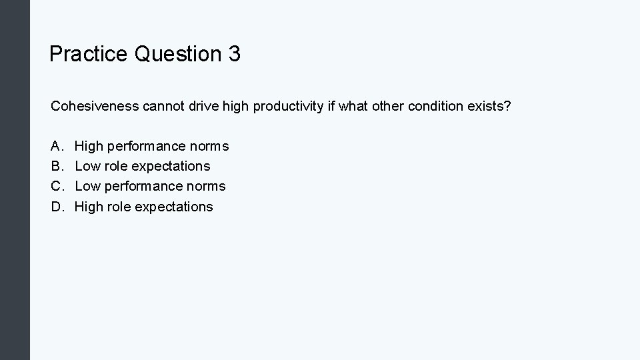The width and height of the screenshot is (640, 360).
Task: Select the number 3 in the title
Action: coord(234,54)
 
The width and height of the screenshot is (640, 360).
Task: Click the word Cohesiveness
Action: coord(94,107)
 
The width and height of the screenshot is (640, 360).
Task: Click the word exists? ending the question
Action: coord(489,107)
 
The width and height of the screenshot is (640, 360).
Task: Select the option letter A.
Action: coord(56,146)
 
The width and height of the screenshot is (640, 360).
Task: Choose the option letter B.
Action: coord(56,166)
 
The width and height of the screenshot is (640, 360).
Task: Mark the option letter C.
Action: coord(56,186)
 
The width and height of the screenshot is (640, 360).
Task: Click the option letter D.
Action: coord(56,207)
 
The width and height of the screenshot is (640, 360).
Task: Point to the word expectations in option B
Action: coord(172,167)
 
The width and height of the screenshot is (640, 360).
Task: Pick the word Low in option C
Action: coord(87,186)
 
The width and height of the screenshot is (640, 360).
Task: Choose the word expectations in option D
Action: coord(174,207)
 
